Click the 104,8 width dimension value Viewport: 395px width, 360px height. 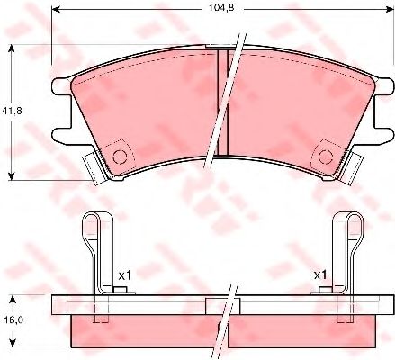[x=221, y=8]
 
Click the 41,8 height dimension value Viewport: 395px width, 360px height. [x=12, y=111]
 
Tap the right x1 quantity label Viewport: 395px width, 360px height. [x=320, y=275]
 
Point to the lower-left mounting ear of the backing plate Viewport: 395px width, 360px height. [x=62, y=136]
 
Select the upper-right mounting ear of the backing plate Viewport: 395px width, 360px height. [x=383, y=87]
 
